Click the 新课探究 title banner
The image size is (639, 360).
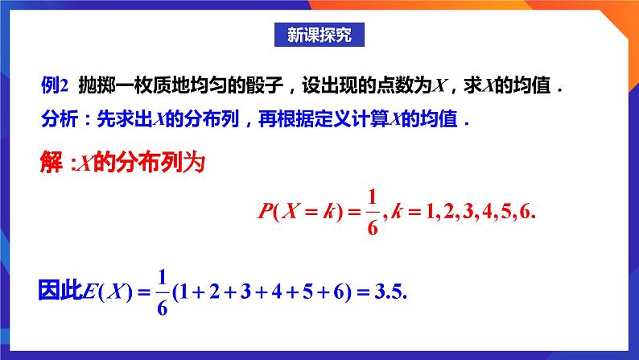(319, 35)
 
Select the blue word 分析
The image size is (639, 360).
(56, 121)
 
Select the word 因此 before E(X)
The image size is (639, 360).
(60, 289)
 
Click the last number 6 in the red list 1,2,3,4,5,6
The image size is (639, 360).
(527, 213)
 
